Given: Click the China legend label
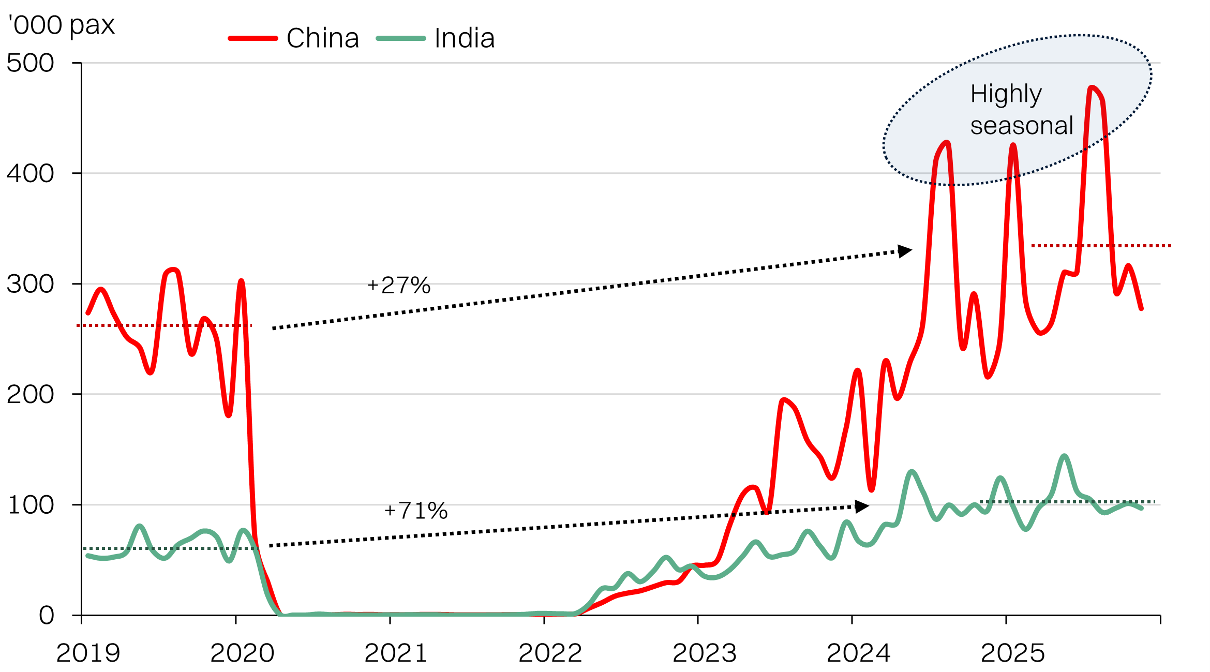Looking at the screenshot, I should [323, 38].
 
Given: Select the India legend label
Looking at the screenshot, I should [465, 38].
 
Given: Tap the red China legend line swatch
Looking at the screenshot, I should [253, 38].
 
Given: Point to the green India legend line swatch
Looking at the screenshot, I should [401, 38].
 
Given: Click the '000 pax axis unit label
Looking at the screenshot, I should [61, 25].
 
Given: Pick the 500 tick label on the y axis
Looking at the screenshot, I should [30, 63].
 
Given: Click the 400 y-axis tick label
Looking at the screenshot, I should [30, 173].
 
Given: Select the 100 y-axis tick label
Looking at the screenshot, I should [30, 505].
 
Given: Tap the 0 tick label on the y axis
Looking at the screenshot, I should [47, 616].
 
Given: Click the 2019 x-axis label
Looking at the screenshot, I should [88, 653].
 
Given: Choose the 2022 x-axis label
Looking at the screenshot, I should [550, 653].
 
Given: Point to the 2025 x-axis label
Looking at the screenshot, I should [1012, 653].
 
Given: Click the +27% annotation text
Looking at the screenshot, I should [398, 286].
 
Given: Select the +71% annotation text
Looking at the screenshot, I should [415, 511].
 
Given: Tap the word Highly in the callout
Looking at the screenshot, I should [1006, 94].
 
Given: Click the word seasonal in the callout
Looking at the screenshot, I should [1022, 126].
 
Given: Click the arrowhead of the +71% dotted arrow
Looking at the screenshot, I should [862, 506].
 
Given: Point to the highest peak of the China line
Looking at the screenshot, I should [1092, 88].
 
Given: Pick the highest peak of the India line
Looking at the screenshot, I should [1064, 456].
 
